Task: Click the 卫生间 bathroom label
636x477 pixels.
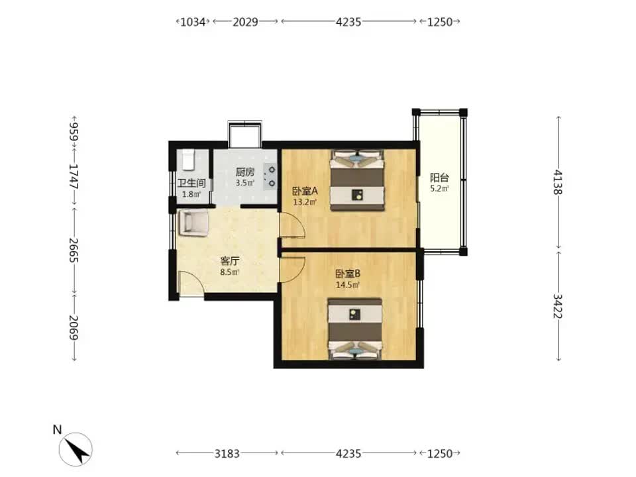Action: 191,183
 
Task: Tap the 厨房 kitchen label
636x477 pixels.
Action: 245,172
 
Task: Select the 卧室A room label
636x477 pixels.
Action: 305,191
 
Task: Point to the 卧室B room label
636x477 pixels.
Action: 348,274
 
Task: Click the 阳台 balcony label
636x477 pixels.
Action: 439,178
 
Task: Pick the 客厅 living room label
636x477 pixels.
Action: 230,261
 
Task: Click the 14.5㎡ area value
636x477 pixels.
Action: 348,285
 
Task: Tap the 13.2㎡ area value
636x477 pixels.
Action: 305,201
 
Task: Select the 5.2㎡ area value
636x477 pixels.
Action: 439,189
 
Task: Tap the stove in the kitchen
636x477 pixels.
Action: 270,177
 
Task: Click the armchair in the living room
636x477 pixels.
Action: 193,223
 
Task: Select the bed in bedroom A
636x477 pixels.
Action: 357,180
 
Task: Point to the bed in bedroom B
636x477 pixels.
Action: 355,329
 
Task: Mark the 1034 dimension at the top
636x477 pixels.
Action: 193,21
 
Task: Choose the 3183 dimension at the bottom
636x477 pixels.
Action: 227,453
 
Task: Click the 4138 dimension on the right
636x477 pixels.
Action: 558,182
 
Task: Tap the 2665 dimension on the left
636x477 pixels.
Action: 74,250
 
